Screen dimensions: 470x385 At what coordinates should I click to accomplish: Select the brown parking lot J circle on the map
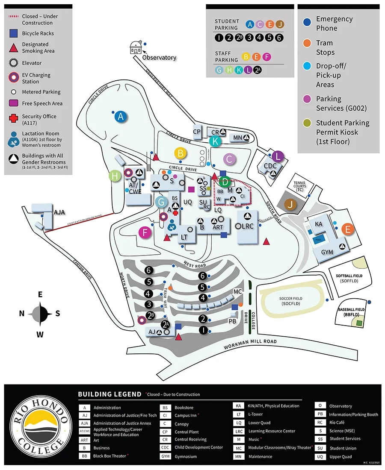point(291,205)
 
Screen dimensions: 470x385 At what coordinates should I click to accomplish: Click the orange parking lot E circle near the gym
point(348,229)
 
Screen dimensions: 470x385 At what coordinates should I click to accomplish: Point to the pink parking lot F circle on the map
point(145,233)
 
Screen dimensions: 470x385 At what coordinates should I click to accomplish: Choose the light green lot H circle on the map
point(115,176)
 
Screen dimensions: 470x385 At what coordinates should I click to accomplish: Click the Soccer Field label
point(291,301)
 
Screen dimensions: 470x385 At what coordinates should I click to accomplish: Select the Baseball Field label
point(351,311)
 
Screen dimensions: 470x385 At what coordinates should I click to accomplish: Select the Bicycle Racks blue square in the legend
point(14,33)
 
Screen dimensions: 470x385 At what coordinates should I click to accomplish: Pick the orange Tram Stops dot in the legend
point(306,43)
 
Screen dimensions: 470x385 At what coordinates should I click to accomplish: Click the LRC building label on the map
point(248,226)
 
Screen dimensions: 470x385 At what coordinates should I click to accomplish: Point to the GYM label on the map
point(327,252)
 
